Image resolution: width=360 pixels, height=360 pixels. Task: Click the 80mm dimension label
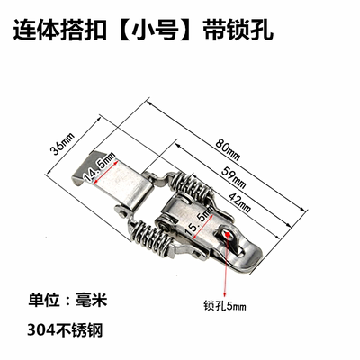[228, 149]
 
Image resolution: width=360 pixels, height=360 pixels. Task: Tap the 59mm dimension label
[234, 177]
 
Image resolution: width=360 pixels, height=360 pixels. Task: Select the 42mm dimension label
[239, 202]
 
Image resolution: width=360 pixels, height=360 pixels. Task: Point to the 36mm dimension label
[62, 144]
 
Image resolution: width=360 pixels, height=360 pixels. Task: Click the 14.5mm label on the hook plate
[100, 167]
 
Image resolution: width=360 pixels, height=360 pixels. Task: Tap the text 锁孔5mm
[225, 306]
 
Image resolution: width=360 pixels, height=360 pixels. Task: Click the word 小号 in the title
[156, 31]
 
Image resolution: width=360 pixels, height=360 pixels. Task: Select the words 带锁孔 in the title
[238, 31]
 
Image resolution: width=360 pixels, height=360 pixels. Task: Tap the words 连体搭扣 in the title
[59, 31]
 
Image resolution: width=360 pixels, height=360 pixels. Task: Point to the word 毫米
[91, 300]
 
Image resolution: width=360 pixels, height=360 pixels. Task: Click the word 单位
[44, 300]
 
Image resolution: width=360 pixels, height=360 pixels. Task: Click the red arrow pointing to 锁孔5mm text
[227, 265]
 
